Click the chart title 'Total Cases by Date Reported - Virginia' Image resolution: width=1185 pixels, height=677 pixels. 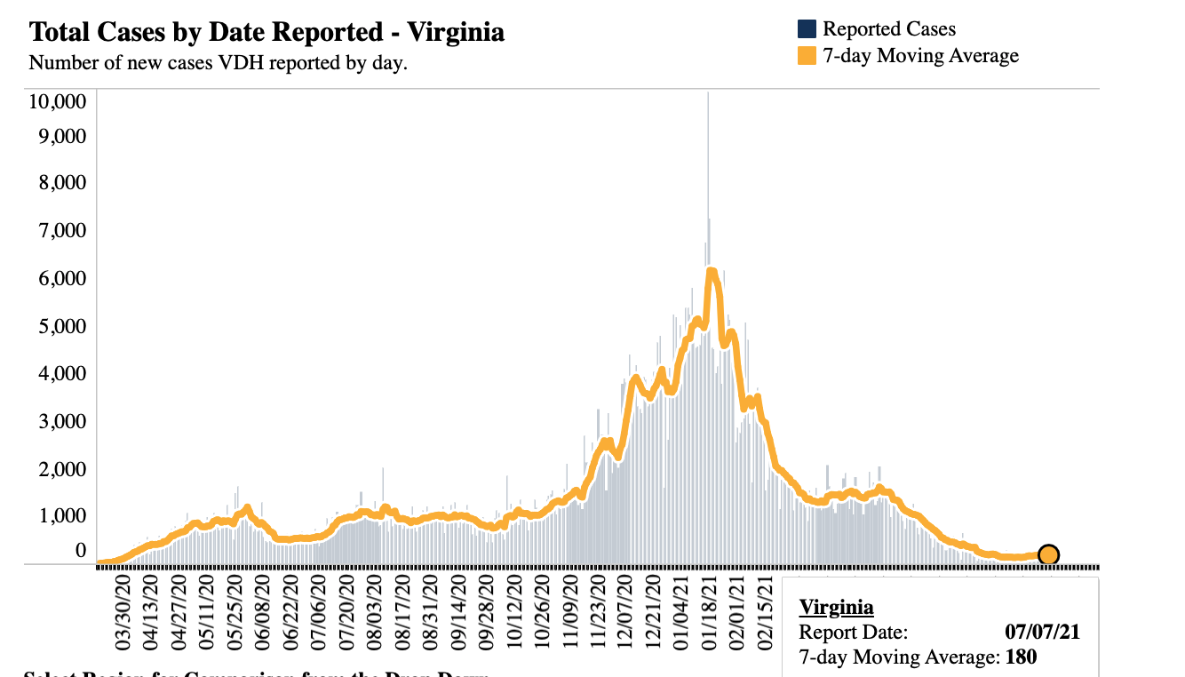pos(266,33)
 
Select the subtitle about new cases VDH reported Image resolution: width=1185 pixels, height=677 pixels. pos(218,64)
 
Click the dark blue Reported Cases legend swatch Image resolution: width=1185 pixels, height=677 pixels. pos(807,29)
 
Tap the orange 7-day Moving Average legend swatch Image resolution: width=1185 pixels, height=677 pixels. pos(807,56)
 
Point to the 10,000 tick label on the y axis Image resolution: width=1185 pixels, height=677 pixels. pos(58,100)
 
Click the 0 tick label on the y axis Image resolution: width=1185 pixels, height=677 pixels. pos(81,551)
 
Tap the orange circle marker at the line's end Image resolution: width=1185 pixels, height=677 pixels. pos(1048,555)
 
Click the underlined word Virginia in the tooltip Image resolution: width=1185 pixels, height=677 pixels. pos(836,608)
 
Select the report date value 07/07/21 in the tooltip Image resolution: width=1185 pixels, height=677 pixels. pos(1043,633)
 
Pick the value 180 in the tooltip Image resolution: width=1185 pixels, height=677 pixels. pos(1022,658)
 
